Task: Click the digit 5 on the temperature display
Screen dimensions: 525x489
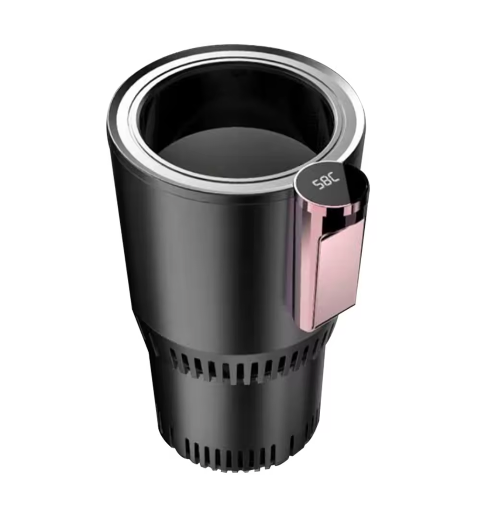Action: pos(316,184)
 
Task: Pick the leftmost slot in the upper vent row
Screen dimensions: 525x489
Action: pos(174,358)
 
